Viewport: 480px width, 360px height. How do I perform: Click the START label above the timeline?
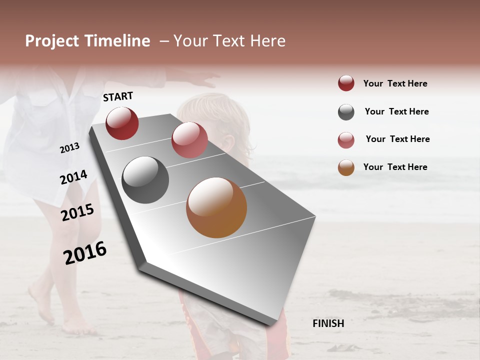pos(118,96)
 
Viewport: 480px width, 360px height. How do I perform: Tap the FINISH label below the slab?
pos(328,323)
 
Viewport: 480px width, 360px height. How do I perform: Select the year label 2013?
pos(69,147)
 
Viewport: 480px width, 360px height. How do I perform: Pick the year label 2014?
pos(73,177)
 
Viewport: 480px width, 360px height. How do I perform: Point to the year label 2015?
pos(77,212)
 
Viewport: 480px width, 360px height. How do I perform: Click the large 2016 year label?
pos(85,253)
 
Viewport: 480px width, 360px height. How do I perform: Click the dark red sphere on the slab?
pos(122,123)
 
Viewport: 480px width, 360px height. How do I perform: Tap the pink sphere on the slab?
pos(189,140)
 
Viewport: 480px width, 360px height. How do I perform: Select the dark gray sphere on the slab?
pos(145,180)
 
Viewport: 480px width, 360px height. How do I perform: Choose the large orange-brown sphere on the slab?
pos(216,207)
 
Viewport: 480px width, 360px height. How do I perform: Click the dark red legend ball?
pos(346,83)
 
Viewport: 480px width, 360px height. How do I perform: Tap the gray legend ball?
pos(346,112)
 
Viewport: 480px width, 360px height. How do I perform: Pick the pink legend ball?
pos(346,140)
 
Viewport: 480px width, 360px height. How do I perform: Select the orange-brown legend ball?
pos(346,167)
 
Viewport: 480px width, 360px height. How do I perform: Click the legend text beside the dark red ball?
pos(395,83)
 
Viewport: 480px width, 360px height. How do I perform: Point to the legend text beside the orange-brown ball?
pos(395,167)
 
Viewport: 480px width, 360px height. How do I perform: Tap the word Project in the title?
pos(51,41)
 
